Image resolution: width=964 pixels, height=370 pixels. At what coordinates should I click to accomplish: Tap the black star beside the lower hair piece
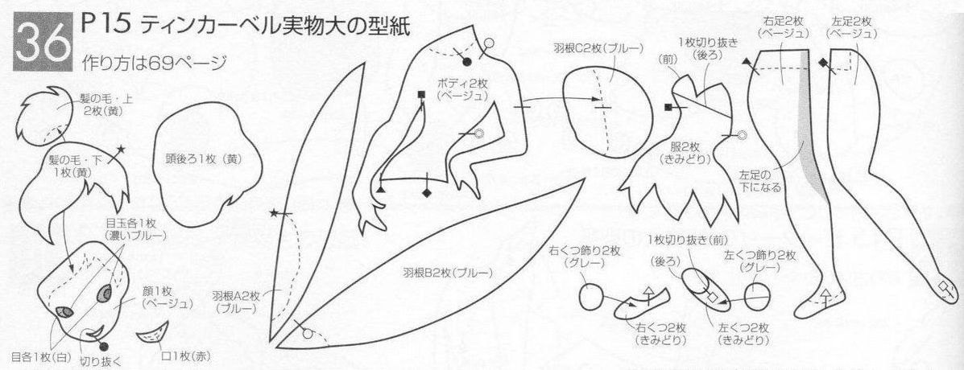[121, 149]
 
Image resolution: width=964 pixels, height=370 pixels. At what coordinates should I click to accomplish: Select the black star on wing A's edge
[274, 213]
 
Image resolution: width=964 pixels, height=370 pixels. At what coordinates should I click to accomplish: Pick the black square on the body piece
[421, 94]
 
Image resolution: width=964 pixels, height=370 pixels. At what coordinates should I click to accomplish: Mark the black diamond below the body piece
[426, 193]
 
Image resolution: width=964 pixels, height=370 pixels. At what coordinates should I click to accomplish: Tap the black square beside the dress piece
[668, 108]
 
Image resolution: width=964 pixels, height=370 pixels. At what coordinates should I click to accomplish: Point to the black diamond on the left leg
[822, 63]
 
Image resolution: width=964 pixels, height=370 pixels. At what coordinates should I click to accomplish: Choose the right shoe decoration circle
[591, 298]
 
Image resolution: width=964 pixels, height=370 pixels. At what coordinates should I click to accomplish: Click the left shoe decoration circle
[757, 296]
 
